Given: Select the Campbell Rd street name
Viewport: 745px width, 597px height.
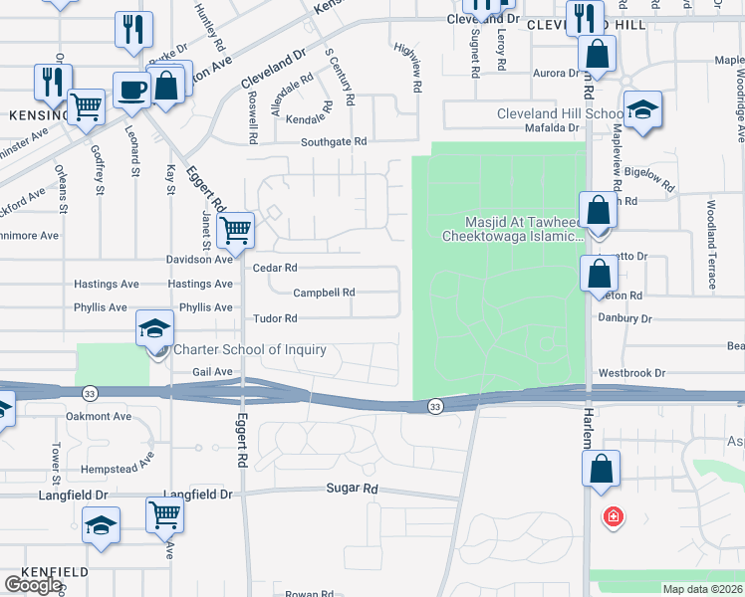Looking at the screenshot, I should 324,293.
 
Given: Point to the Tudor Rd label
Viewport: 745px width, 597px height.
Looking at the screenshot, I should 276,318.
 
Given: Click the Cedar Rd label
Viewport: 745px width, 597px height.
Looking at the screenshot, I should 276,268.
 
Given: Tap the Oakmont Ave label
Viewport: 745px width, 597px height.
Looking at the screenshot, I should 99,416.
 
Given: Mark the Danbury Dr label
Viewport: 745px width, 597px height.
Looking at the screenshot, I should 624,318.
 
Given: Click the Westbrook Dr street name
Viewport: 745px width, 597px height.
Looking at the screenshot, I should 631,373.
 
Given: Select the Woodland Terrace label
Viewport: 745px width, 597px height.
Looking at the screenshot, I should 711,245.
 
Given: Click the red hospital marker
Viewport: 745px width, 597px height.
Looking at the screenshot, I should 614,516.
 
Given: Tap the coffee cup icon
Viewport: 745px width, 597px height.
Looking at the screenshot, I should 131,91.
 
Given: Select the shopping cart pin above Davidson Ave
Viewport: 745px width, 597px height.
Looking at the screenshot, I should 235,230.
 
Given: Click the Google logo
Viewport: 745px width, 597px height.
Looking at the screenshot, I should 33,585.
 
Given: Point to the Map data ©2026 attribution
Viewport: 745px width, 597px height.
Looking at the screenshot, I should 703,589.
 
